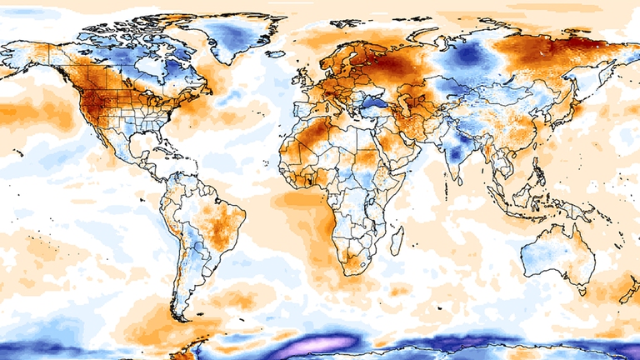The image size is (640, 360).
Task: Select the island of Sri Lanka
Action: [x=461, y=177]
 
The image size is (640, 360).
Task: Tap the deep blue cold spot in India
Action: [x=454, y=155]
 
